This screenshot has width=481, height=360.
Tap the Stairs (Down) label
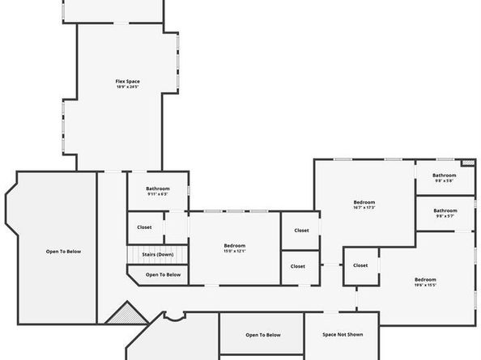tap(158, 255)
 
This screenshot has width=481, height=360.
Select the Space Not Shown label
tap(343, 334)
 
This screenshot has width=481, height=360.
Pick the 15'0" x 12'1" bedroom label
tap(235, 246)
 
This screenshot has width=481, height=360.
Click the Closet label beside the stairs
tap(144, 227)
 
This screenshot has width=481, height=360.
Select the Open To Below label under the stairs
tap(163, 275)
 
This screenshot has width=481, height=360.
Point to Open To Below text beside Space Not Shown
tap(262, 334)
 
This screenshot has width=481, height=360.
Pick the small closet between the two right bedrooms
tap(360, 265)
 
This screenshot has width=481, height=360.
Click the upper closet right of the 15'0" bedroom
tap(301, 231)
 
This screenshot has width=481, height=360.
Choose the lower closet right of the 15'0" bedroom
tap(298, 266)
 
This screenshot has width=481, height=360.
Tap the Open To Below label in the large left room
tap(63, 252)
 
